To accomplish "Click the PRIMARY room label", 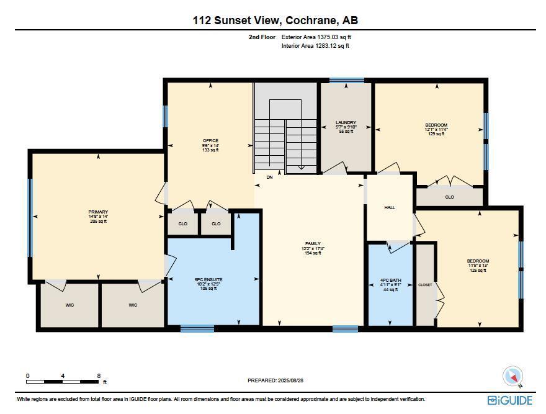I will (x=98, y=212).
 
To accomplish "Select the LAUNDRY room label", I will (x=346, y=123).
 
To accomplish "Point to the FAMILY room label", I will (x=313, y=244).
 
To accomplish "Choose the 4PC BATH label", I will (x=391, y=281).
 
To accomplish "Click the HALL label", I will (x=390, y=208).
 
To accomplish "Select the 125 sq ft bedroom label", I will (x=478, y=261).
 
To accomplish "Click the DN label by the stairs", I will (x=269, y=178).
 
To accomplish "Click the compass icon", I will (x=512, y=376).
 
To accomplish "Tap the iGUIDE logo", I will (x=509, y=400).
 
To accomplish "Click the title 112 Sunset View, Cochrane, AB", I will (x=275, y=20).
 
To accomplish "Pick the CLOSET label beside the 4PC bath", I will (x=425, y=285).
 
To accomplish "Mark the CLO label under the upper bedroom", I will (x=449, y=197).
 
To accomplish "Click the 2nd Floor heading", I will (x=262, y=37).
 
